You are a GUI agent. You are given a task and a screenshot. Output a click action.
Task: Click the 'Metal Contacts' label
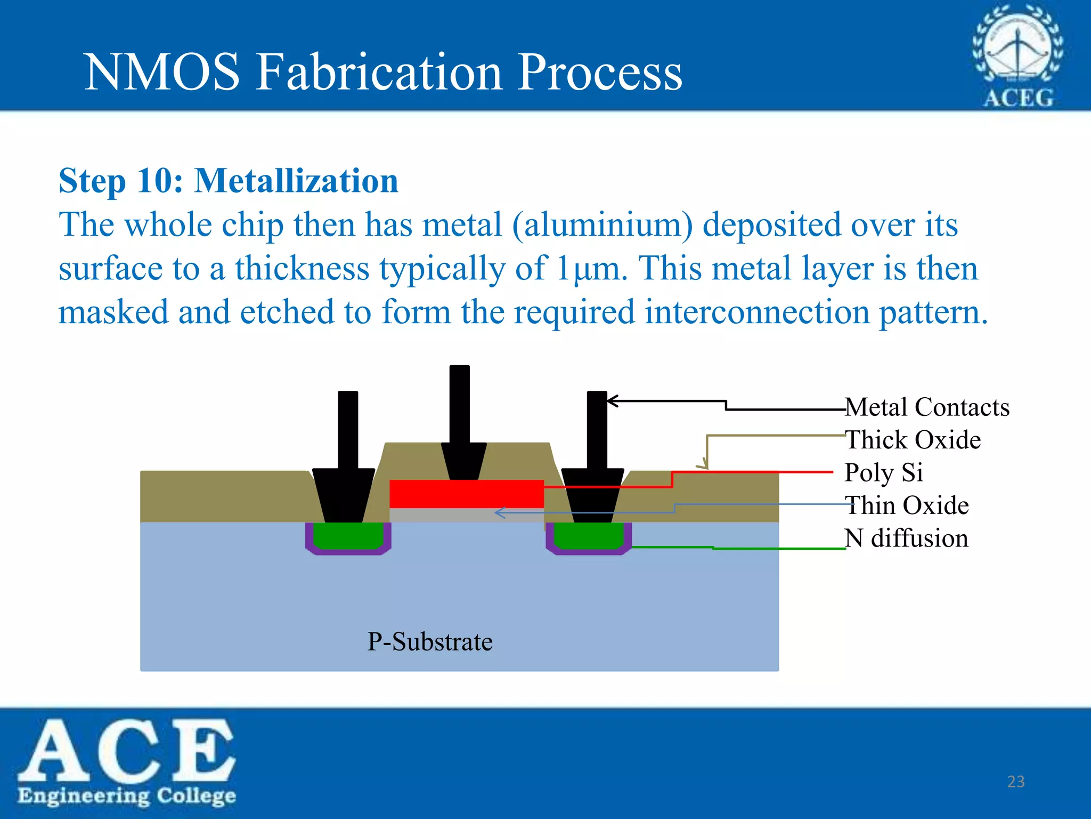(927, 407)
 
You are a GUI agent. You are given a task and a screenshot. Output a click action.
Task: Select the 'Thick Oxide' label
(913, 440)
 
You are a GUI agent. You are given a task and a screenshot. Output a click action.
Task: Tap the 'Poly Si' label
(884, 473)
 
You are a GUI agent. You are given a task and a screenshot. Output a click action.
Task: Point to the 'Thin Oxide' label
(907, 505)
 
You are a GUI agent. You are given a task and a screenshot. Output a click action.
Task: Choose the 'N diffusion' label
(907, 539)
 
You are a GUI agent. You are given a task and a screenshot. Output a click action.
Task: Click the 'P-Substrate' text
(430, 641)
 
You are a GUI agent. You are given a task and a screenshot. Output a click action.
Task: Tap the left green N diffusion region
(348, 535)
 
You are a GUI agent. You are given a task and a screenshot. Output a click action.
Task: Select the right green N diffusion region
(589, 535)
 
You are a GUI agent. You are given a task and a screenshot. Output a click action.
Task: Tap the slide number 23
(1016, 782)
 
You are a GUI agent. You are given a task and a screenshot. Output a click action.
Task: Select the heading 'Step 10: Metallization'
(229, 181)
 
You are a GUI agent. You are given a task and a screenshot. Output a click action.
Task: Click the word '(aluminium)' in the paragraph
(602, 224)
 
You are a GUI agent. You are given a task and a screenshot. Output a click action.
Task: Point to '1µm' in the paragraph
(588, 268)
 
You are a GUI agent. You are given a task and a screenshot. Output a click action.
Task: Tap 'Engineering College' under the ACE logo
(127, 796)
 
